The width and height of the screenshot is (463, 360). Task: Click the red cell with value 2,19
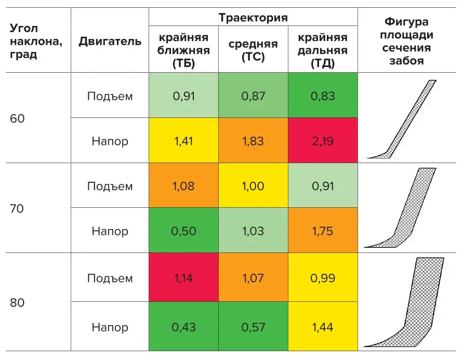(323, 141)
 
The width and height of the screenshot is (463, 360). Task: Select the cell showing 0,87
(253, 96)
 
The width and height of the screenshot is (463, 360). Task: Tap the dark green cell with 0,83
(323, 96)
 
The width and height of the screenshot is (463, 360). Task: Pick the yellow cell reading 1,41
(183, 141)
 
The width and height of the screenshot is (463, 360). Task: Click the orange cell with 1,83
(253, 141)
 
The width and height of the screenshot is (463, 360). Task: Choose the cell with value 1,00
(253, 186)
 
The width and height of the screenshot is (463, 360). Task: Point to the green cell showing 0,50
(183, 231)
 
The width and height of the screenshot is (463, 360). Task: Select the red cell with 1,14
(183, 278)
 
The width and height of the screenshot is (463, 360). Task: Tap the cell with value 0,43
(183, 327)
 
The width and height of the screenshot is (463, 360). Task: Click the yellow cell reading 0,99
(323, 278)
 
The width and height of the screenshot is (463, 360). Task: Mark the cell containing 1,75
(323, 231)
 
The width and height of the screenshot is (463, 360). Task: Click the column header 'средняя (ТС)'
(253, 50)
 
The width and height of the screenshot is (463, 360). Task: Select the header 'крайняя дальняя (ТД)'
(323, 50)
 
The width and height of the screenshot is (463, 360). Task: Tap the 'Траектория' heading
(253, 18)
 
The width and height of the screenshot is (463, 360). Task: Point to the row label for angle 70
(18, 208)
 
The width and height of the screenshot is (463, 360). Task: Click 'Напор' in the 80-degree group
(110, 327)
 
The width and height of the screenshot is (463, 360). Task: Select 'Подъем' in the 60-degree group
(110, 96)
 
